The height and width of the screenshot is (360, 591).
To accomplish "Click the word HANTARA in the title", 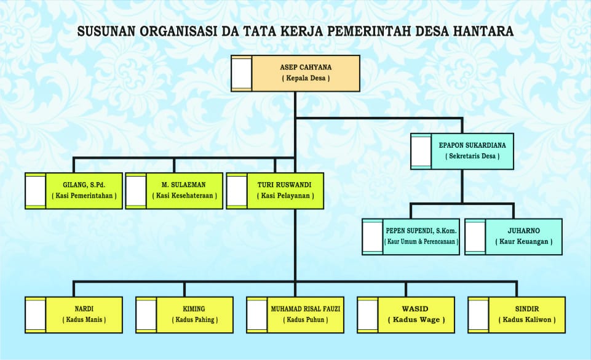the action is point(483,31).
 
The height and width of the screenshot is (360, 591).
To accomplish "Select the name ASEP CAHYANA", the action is point(306,68).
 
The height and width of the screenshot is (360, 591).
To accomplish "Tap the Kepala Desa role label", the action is point(306,78).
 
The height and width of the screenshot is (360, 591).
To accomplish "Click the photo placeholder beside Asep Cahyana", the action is point(242,73).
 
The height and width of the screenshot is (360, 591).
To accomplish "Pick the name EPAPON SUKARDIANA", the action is point(472,145).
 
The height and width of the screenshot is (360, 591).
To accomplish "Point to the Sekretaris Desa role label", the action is point(472,156).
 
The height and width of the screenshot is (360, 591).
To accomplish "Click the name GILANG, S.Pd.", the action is point(84,185).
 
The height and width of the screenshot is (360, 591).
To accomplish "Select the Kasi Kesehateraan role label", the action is point(184,196).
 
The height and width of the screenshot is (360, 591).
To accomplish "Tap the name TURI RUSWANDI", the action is point(285,185).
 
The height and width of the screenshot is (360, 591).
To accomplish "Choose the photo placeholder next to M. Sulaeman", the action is point(136,191).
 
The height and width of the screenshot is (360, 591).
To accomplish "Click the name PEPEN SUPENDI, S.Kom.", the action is point(421,231).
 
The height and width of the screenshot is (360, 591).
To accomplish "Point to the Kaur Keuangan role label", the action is point(524,242).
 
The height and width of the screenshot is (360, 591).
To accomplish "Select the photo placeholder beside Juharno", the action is point(475,237).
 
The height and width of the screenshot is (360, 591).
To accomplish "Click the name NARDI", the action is point(84,309).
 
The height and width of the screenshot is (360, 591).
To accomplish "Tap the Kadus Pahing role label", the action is point(195,319).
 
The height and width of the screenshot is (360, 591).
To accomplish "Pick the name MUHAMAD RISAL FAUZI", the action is point(306,309).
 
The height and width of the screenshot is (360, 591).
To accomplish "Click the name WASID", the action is point(415,309).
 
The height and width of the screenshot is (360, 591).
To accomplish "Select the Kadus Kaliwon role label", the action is point(527,319).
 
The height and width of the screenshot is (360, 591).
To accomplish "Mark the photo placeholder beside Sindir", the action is point(478,314).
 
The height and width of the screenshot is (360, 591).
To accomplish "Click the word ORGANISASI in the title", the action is point(178,31).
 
